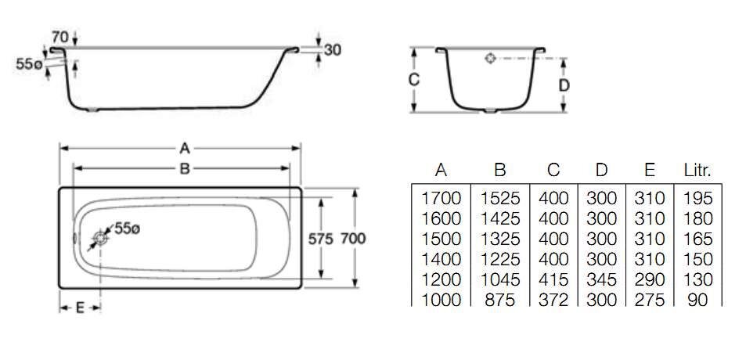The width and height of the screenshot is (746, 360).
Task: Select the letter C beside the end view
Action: (x=415, y=80)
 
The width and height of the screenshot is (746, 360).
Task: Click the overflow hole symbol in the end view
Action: (x=490, y=58)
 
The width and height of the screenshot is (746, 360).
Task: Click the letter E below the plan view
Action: (x=80, y=308)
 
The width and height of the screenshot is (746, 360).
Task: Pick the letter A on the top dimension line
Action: (x=185, y=148)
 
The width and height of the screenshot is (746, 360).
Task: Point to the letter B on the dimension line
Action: (x=185, y=168)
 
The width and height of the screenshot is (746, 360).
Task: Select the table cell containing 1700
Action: (x=441, y=198)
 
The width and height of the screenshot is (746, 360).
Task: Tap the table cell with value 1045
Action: (x=501, y=279)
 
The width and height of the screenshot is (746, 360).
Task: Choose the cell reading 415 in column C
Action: (x=553, y=279)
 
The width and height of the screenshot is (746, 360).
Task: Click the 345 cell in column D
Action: (x=601, y=279)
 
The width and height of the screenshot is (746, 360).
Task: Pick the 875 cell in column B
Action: (x=501, y=300)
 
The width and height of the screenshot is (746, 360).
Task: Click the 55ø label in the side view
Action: (x=29, y=65)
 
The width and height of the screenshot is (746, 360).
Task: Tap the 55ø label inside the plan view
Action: (x=127, y=229)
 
